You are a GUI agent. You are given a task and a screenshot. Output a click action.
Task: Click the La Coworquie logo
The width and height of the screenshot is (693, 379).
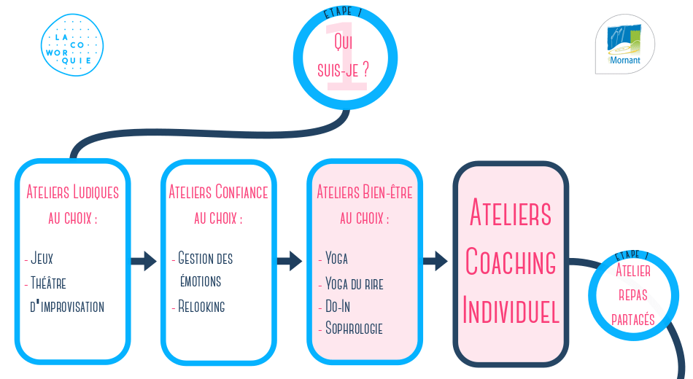(x=72, y=45)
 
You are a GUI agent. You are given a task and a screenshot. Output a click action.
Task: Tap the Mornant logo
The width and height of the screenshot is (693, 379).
(x=625, y=44)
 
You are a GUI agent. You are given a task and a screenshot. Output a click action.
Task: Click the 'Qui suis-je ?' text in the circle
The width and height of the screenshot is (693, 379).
(x=344, y=56)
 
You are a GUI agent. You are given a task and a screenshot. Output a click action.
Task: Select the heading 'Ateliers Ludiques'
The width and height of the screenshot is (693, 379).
(x=72, y=192)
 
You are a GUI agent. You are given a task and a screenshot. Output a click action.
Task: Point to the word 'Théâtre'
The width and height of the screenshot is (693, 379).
(x=48, y=283)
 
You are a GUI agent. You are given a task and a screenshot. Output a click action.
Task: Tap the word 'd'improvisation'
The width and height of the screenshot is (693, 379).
(x=67, y=307)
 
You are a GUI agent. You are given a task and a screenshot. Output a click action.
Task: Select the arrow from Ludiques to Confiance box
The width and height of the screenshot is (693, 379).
(x=144, y=261)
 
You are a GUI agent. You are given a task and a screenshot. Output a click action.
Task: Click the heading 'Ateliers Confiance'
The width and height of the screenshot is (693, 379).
(x=218, y=192)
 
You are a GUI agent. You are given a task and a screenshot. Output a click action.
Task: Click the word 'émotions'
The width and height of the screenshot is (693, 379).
(x=201, y=281)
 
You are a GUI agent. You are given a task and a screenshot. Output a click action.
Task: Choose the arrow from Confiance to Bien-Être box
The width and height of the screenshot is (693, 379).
(x=290, y=261)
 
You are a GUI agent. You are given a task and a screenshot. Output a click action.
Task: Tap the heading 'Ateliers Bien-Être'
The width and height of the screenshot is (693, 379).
(x=365, y=192)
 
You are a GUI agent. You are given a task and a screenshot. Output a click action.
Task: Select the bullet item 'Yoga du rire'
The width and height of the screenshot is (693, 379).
(x=355, y=284)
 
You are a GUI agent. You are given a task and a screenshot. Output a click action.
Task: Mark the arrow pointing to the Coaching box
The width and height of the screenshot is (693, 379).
(x=435, y=261)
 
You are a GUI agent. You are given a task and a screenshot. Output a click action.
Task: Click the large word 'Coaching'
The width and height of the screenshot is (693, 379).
(x=511, y=261)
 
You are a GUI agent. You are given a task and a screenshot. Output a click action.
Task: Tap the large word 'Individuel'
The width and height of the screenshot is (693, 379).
(x=511, y=310)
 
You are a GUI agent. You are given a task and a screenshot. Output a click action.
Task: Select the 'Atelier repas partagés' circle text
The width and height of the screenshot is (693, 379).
(x=633, y=294)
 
